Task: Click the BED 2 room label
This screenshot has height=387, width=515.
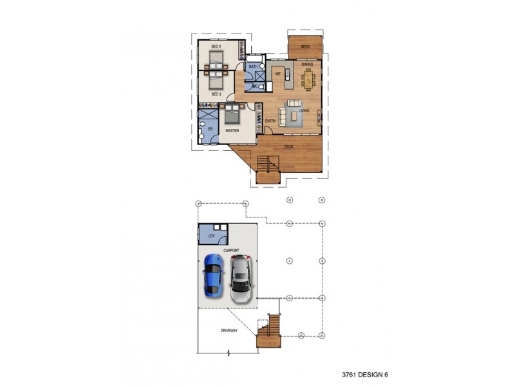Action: pyautogui.click(x=216, y=47)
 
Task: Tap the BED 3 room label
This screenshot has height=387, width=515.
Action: pyautogui.click(x=216, y=94)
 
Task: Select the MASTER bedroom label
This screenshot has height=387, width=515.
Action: pyautogui.click(x=232, y=130)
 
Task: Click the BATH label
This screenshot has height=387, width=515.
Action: pyautogui.click(x=253, y=66)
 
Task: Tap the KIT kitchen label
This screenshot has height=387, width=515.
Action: pyautogui.click(x=278, y=74)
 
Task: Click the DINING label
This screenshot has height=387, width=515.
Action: pyautogui.click(x=307, y=64)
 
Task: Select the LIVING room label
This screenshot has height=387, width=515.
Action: pyautogui.click(x=304, y=111)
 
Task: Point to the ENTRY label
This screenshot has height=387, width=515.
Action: pyautogui.click(x=271, y=121)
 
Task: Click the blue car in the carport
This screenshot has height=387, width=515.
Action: pyautogui.click(x=213, y=274)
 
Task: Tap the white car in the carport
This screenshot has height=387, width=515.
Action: pyautogui.click(x=240, y=278)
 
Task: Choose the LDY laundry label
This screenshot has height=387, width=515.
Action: pyautogui.click(x=211, y=236)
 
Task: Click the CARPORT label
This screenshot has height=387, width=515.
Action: pyautogui.click(x=231, y=250)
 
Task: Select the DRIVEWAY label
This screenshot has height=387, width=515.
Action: pyautogui.click(x=229, y=330)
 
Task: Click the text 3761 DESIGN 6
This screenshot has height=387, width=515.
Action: pyautogui.click(x=365, y=374)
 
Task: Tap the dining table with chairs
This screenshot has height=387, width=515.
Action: pyautogui.click(x=308, y=79)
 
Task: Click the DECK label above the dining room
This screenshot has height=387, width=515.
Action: pyautogui.click(x=305, y=46)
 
